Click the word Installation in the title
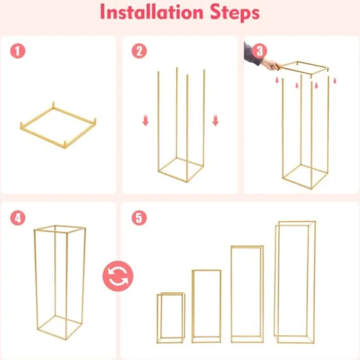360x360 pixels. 151,12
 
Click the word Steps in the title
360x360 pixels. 235,13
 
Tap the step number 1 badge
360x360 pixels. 17,51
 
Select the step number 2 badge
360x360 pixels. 139,51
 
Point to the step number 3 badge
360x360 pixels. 259,51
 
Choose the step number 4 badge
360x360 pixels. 17,218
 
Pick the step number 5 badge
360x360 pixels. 139,218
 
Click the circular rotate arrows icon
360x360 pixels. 118,276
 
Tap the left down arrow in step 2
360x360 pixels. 145,121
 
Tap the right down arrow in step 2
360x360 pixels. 215,121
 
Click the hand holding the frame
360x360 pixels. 271,65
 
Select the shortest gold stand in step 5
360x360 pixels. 158,318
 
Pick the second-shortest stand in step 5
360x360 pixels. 192,306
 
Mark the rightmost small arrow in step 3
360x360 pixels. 335,81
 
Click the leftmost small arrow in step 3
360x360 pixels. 277,80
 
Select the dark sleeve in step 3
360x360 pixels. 251,54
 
